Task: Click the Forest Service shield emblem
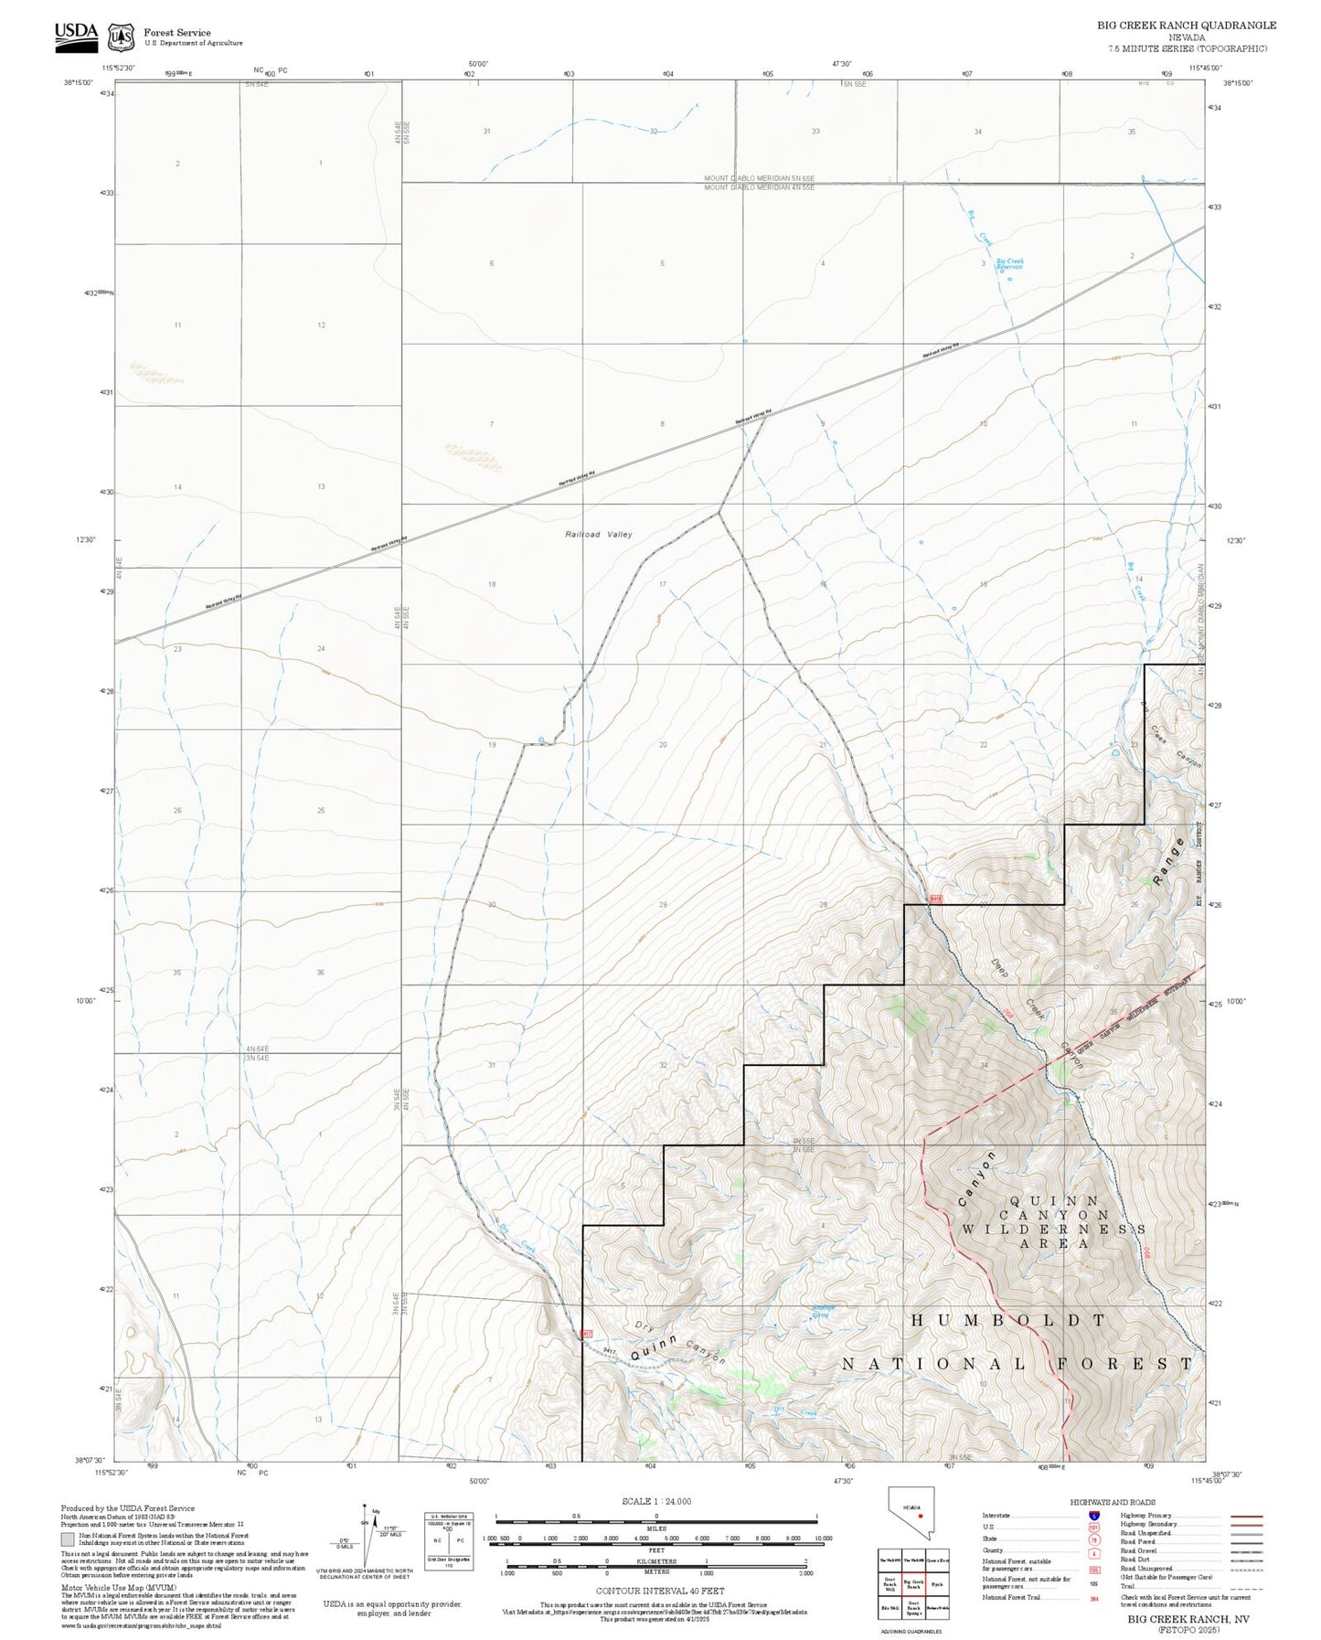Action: coord(120,37)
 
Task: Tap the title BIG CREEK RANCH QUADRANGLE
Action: coord(1187,26)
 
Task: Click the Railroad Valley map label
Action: coord(599,534)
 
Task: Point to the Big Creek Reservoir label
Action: coord(1010,263)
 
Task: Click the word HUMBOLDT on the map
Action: coord(1009,1320)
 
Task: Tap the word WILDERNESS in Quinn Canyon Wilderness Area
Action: coord(1052,1229)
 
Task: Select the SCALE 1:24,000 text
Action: coord(656,1501)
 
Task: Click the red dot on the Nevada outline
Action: coord(921,1515)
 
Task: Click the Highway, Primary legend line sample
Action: coord(1246,1516)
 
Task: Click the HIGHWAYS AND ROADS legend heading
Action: coord(1112,1502)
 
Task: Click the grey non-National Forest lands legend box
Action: coord(68,1539)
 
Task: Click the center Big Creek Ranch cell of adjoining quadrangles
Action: coord(913,1583)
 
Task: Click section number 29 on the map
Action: coord(663,904)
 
